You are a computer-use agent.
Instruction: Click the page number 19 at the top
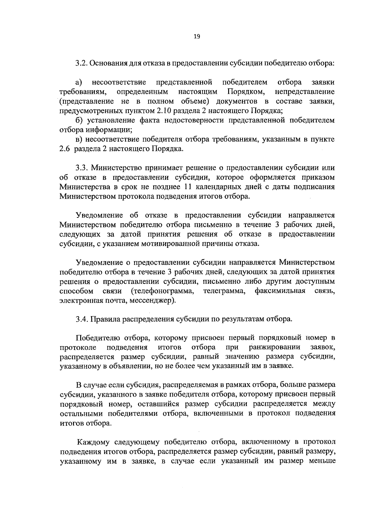tap(196, 37)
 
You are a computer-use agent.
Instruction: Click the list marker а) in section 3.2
tap(79, 83)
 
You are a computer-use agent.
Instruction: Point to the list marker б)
tap(79, 120)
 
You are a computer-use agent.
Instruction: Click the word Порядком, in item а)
tap(246, 92)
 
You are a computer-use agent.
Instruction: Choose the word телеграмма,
tap(223, 291)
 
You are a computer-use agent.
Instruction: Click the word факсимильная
tap(280, 291)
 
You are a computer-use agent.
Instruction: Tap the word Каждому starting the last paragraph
tap(95, 442)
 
